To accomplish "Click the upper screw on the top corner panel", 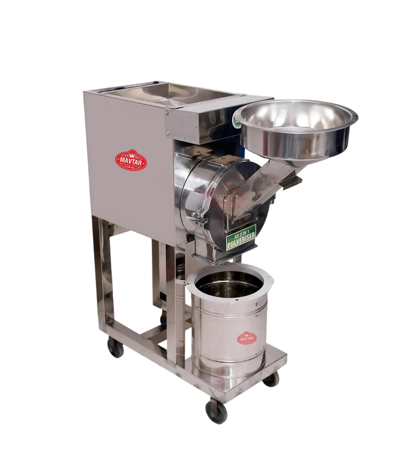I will [x=167, y=113].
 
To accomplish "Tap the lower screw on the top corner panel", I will [x=167, y=133].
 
